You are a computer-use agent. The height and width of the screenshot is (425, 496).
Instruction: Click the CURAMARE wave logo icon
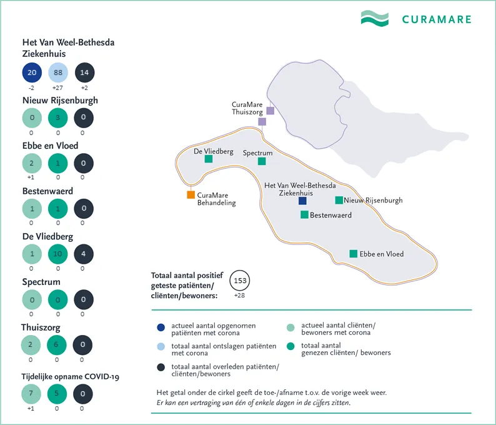(x=375, y=18)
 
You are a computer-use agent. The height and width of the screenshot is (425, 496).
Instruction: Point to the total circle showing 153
(x=239, y=281)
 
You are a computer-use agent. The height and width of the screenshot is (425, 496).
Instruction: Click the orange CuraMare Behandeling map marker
(x=191, y=195)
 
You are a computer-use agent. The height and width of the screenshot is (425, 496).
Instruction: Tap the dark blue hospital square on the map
(x=302, y=201)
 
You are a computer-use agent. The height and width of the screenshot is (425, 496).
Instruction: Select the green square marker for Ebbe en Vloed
(x=354, y=254)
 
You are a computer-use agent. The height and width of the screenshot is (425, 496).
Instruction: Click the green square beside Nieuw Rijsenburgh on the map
(x=339, y=201)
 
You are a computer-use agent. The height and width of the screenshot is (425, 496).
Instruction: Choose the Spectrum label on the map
(x=258, y=152)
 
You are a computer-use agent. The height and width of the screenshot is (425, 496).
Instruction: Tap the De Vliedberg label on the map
(x=214, y=151)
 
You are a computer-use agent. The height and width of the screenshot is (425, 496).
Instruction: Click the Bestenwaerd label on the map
(x=330, y=216)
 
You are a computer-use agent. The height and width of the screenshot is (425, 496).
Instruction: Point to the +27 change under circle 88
(x=57, y=88)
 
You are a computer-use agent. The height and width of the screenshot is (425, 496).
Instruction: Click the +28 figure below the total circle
(x=239, y=295)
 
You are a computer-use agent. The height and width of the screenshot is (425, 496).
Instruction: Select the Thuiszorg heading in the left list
(x=41, y=327)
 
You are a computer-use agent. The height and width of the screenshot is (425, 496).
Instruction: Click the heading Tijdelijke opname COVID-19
(x=70, y=376)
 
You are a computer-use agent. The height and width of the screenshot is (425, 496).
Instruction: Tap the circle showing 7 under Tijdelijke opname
(x=31, y=394)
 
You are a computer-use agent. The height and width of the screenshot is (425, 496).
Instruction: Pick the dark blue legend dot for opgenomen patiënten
(x=161, y=327)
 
